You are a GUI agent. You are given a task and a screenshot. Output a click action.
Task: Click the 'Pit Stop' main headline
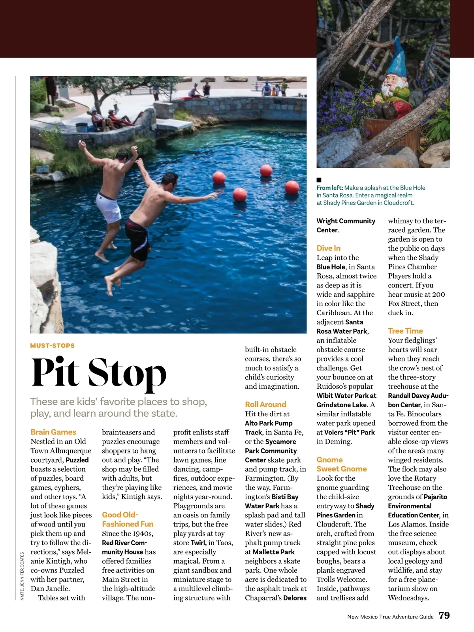pos(99,372)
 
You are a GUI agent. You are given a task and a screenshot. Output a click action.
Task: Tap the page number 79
pos(444,615)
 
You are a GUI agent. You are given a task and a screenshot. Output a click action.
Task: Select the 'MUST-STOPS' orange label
pos(52,346)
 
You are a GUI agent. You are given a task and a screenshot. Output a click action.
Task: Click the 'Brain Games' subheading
pos(53,432)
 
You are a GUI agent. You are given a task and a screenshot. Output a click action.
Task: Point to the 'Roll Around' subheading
pos(265,404)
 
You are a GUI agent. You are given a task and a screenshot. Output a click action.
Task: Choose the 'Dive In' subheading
pos(328,248)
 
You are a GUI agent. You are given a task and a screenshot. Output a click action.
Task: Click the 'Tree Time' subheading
pos(405,331)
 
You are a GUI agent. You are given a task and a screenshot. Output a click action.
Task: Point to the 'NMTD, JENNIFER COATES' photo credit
pos(23,576)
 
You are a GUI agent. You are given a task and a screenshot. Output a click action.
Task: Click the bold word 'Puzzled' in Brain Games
pos(77,460)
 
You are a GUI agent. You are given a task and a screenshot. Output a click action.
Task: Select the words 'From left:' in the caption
pos(330,188)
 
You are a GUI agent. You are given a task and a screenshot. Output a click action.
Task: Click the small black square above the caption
pos(319,180)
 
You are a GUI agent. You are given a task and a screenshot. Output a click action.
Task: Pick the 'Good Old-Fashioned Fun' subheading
pos(128,519)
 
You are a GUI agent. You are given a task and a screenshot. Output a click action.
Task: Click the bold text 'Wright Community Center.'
pos(346,226)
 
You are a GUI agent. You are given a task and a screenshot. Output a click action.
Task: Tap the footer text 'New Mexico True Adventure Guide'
pos(390,617)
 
